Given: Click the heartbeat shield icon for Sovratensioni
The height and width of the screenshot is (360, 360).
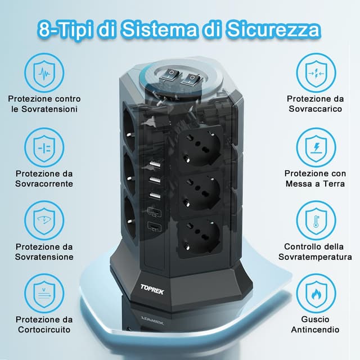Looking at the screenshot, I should pyautogui.click(x=44, y=72).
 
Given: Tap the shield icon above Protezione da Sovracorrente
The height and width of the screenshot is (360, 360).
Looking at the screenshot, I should pyautogui.click(x=44, y=147).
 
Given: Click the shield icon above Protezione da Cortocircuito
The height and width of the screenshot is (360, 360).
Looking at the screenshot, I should pyautogui.click(x=44, y=294).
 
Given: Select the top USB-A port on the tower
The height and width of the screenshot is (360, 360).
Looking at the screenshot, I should pyautogui.click(x=154, y=165).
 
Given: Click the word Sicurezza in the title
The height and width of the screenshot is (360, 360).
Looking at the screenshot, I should pyautogui.click(x=274, y=29).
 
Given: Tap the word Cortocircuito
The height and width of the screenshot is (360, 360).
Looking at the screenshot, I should pyautogui.click(x=44, y=330).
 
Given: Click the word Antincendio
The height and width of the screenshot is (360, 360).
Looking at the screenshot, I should pyautogui.click(x=314, y=330).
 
